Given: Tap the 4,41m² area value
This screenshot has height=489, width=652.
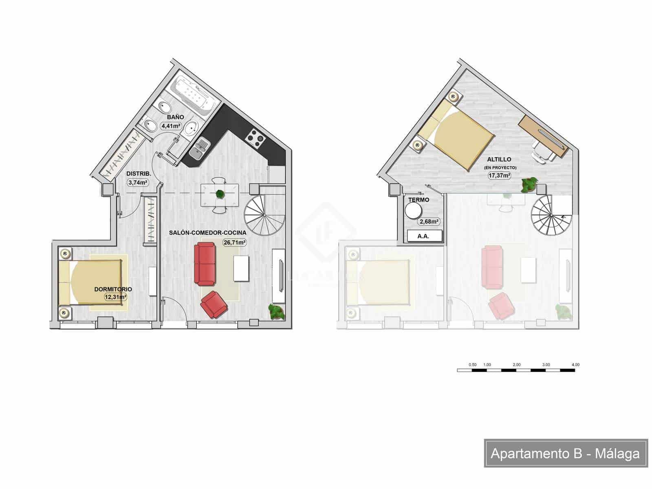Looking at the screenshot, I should point(171,126).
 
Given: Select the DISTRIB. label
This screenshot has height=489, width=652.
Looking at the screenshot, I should point(139,174).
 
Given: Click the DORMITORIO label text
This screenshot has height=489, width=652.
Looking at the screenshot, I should point(113,289).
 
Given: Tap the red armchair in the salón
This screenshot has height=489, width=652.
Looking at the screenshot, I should point(214,304).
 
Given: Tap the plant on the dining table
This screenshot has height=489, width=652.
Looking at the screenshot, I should point(220,194).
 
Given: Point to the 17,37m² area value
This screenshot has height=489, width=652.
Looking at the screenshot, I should point(500,176).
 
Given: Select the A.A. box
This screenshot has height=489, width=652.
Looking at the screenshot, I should point(423,236).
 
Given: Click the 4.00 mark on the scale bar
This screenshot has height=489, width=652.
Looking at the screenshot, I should point(575,365).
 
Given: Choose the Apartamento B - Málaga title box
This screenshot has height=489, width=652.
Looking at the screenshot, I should point(566,453).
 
